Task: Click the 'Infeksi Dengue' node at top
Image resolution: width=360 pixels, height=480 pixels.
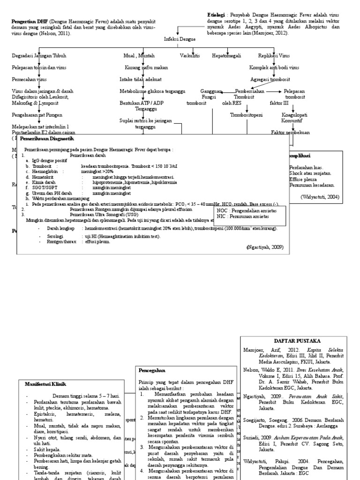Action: [x=180, y=40]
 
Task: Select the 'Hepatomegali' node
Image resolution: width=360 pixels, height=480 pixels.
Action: [x=226, y=56]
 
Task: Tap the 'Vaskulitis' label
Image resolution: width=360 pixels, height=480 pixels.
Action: [x=189, y=56]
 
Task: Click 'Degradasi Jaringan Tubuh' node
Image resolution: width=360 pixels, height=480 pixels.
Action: [x=39, y=56]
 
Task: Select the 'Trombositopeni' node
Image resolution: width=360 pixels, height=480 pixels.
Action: [x=246, y=115]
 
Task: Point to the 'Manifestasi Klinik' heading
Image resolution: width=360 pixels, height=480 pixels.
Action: [x=45, y=384]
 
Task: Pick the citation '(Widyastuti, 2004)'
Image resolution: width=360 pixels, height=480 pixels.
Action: [x=320, y=197]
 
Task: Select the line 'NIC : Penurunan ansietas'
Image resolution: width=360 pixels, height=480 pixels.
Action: [x=243, y=217]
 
